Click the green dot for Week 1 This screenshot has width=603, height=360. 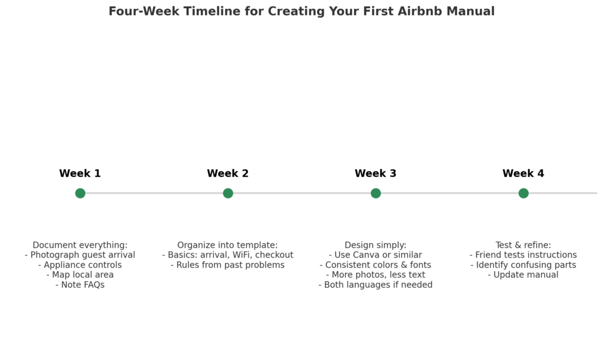click(x=80, y=193)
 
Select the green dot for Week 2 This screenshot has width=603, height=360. click(x=228, y=193)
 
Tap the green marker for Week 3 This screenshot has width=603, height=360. click(x=376, y=193)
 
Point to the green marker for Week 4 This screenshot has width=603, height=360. click(x=524, y=193)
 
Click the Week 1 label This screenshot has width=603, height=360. click(x=80, y=174)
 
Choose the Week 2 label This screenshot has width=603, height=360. click(x=228, y=174)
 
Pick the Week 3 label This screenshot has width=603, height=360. click(x=376, y=174)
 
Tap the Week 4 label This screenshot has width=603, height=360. click(x=524, y=174)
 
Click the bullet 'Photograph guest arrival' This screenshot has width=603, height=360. click(x=80, y=255)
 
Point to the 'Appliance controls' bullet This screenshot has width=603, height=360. click(x=80, y=265)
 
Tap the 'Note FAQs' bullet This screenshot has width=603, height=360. click(x=80, y=285)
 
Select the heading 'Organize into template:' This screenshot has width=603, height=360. click(x=228, y=245)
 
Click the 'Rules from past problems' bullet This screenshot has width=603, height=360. click(x=228, y=265)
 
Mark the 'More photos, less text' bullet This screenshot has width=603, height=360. click(x=376, y=275)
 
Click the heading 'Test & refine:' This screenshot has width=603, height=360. click(x=524, y=245)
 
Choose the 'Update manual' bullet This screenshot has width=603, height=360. click(x=524, y=275)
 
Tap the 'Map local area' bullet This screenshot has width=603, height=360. click(x=80, y=275)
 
